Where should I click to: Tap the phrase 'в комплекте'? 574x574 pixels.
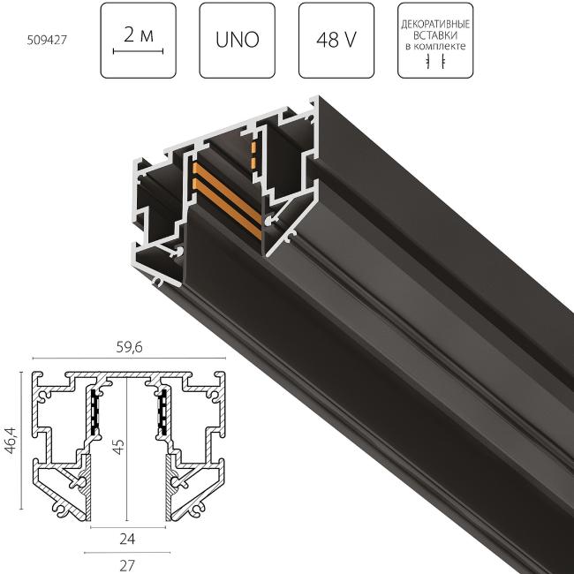tap(434, 44)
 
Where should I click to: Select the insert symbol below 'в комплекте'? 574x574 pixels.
tap(434, 63)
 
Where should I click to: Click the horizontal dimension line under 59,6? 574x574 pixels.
tap(130, 360)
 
